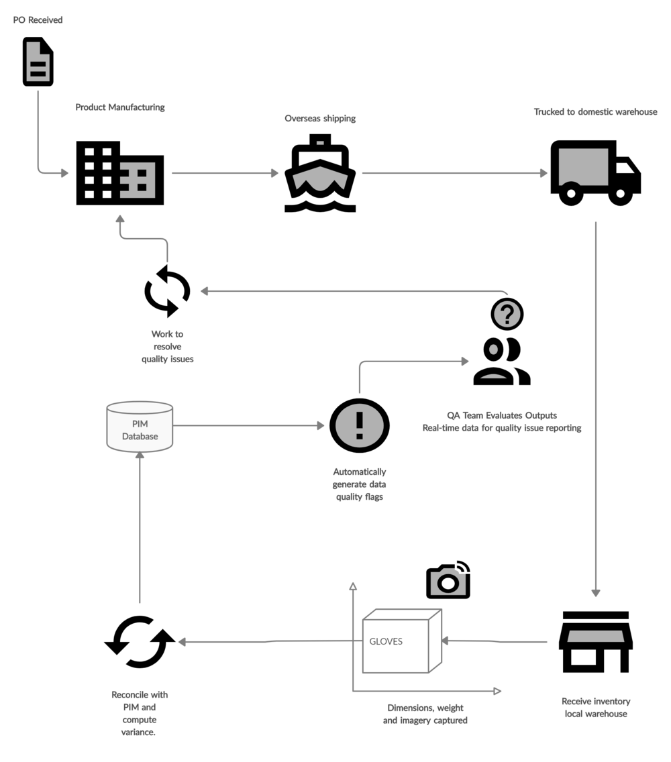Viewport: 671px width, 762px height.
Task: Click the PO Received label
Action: pyautogui.click(x=38, y=20)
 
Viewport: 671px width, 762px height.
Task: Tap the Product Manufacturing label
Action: pyautogui.click(x=120, y=107)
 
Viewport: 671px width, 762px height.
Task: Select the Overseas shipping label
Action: pyautogui.click(x=320, y=119)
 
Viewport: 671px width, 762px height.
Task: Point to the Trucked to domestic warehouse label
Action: pyautogui.click(x=595, y=112)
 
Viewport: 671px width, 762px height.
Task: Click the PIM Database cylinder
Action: pyautogui.click(x=140, y=427)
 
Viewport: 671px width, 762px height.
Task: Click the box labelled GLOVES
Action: pyautogui.click(x=396, y=642)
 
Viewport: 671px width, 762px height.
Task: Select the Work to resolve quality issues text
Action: pyautogui.click(x=168, y=346)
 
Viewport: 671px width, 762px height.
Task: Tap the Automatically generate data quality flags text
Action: pyautogui.click(x=360, y=484)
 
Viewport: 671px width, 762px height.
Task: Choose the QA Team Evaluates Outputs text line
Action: pyautogui.click(x=502, y=415)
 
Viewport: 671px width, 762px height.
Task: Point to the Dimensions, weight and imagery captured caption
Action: pyautogui.click(x=425, y=714)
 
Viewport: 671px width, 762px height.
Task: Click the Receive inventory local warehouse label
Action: pyautogui.click(x=596, y=708)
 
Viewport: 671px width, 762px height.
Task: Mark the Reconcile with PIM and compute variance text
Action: pyautogui.click(x=140, y=714)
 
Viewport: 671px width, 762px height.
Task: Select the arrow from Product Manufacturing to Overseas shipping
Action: pyautogui.click(x=225, y=173)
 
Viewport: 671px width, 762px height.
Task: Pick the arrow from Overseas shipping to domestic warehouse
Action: pyautogui.click(x=454, y=173)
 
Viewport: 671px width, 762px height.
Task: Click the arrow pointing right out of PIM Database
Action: pyautogui.click(x=248, y=425)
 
